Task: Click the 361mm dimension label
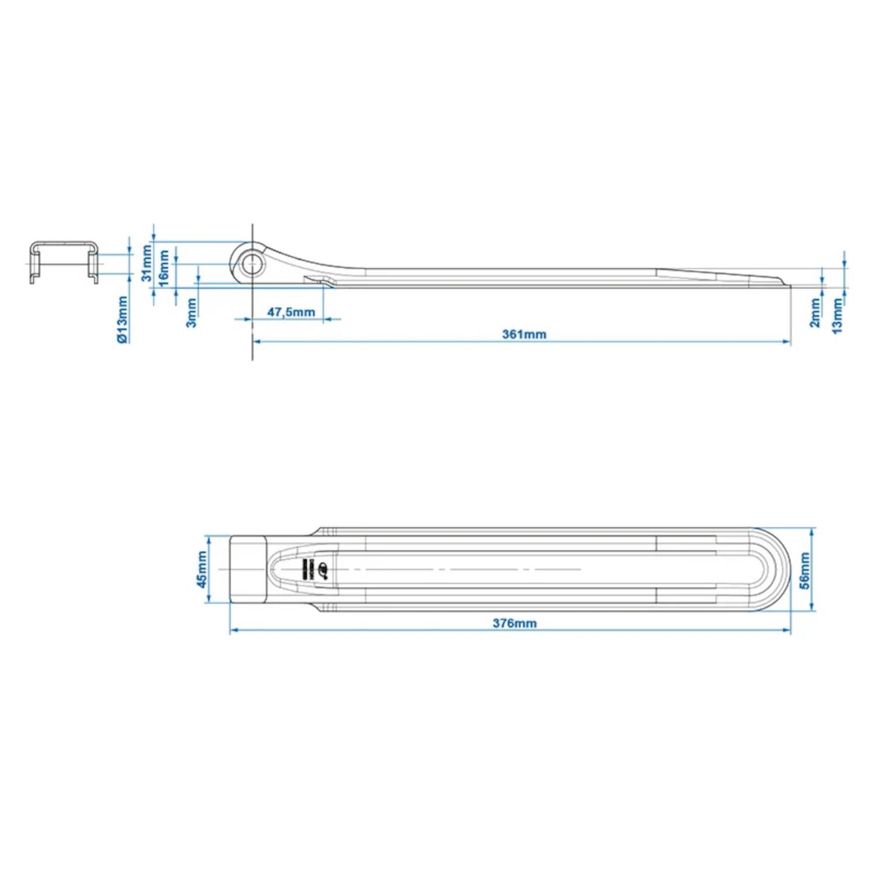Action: pos(524,334)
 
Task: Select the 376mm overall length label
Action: pos(514,623)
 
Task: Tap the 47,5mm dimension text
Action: pos(291,312)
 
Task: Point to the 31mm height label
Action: pos(146,263)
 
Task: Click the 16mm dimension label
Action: pos(164,268)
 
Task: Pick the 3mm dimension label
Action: pos(191,313)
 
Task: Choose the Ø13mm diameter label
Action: pos(123,319)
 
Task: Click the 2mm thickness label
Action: pos(815,313)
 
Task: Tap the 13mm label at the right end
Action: pos(837,316)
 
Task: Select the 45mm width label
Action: pos(201,569)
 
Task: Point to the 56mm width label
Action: pos(805,570)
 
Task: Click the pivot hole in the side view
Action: pos(253,264)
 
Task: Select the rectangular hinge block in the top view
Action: pos(248,569)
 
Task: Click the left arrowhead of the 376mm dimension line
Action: pos(233,630)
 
